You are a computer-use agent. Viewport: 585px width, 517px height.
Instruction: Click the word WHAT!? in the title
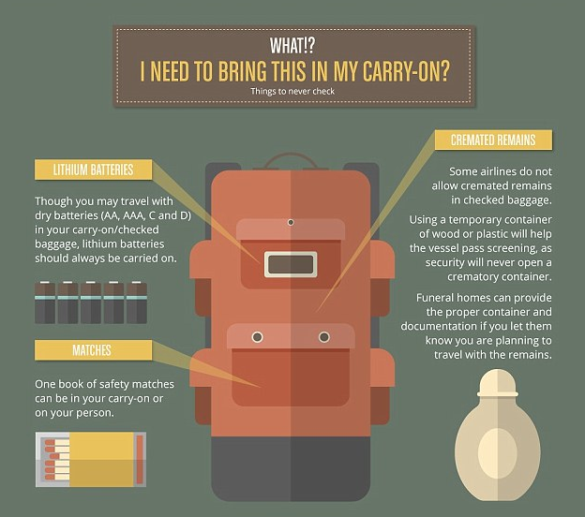click(x=292, y=46)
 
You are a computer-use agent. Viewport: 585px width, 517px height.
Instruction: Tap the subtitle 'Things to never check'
click(x=292, y=92)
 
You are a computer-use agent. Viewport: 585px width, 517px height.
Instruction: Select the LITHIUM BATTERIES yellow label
click(x=93, y=170)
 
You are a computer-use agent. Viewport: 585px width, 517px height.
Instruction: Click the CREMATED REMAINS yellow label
click(x=493, y=140)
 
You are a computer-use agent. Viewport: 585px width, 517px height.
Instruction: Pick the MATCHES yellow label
click(x=93, y=350)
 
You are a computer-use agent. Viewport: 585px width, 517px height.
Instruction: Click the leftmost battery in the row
click(x=45, y=303)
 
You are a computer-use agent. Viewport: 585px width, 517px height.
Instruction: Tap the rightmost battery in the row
click(x=137, y=303)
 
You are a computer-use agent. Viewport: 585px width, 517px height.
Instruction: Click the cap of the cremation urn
click(x=497, y=384)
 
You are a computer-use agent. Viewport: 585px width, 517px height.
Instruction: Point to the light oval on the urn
click(x=497, y=452)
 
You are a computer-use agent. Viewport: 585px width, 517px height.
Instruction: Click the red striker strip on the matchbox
click(x=140, y=459)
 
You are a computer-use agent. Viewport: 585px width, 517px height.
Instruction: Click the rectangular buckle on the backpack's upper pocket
click(x=291, y=264)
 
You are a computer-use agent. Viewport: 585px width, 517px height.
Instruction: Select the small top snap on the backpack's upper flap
click(x=291, y=223)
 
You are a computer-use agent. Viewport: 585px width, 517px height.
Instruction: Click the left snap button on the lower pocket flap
click(x=257, y=337)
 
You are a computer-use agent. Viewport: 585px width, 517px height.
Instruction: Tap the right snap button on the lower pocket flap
click(x=324, y=337)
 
